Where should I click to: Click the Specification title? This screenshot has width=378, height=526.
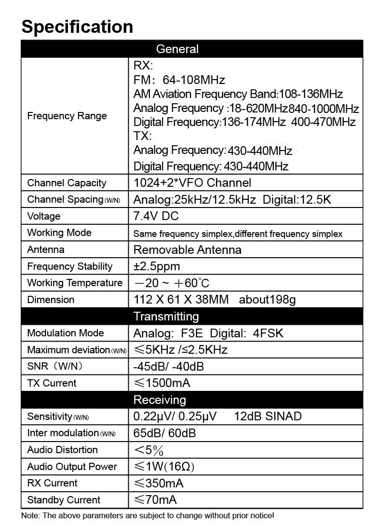pos(77,26)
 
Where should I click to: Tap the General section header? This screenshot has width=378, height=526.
pos(177,49)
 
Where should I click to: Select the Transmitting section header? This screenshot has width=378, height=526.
pos(166,317)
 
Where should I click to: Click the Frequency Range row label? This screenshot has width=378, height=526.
pos(67,116)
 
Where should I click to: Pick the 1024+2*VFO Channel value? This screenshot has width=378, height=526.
pos(192,183)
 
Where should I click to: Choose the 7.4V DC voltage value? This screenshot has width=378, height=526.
pos(156,216)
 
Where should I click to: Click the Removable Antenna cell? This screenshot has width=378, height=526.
pos(187,249)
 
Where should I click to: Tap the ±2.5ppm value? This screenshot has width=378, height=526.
pos(156,266)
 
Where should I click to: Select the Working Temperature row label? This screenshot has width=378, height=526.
pos(75,283)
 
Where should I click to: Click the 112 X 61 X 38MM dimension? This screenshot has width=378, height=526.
pos(181,300)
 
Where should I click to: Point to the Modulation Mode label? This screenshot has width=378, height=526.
pos(66,333)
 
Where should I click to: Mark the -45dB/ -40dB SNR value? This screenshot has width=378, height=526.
pos(168,367)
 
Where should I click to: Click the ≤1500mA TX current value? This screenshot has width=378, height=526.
pos(162,383)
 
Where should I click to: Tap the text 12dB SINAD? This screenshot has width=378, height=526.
pos(268,416)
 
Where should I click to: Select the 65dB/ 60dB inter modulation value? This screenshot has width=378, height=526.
pos(164,433)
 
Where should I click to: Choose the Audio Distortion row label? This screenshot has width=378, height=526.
pos(62,450)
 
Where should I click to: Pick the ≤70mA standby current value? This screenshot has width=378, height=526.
pos(155,500)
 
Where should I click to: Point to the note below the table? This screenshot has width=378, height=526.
pos(148,516)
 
